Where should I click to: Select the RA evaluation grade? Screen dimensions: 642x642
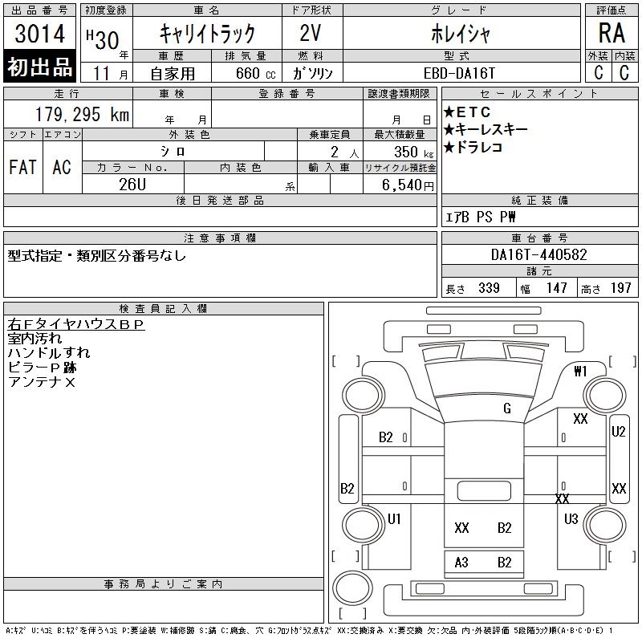pyautogui.click(x=612, y=33)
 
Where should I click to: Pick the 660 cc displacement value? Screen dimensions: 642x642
pyautogui.click(x=251, y=72)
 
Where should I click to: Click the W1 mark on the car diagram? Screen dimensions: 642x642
pyautogui.click(x=581, y=371)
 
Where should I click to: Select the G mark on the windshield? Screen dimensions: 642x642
pyautogui.click(x=507, y=408)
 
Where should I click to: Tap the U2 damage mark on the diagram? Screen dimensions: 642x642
pyautogui.click(x=619, y=432)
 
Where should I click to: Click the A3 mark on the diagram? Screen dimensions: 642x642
pyautogui.click(x=461, y=563)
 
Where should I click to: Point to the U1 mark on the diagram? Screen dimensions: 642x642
pyautogui.click(x=394, y=519)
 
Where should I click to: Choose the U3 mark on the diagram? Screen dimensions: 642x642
pyautogui.click(x=571, y=519)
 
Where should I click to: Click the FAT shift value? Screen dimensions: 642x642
pyautogui.click(x=22, y=167)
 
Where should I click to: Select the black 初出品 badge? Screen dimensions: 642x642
pyautogui.click(x=40, y=67)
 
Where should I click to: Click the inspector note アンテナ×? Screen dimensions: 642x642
pyautogui.click(x=42, y=382)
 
